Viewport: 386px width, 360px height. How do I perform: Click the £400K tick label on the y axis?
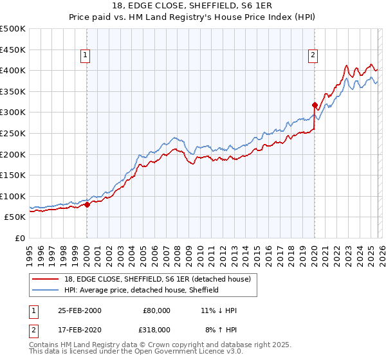(13, 70)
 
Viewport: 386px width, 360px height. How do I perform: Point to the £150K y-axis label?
(13, 175)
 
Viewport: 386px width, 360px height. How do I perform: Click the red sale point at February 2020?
(315, 105)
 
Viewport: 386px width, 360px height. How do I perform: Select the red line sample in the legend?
(46, 278)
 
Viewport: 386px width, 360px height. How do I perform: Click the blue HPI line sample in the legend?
(46, 290)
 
